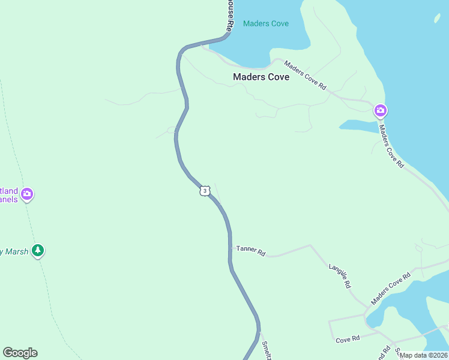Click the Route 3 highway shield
tap(205, 191)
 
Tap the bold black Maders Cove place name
tap(261, 77)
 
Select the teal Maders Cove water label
tap(266, 23)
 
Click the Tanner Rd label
tap(251, 250)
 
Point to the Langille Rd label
tap(339, 275)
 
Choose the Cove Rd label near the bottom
tap(348, 339)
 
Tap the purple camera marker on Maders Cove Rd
tap(381, 110)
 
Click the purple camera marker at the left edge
tap(26, 194)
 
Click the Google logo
tap(20, 353)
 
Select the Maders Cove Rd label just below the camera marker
tap(391, 146)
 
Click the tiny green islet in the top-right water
tap(438, 19)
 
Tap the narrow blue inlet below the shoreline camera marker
tap(358, 125)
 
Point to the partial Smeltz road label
tap(267, 350)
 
